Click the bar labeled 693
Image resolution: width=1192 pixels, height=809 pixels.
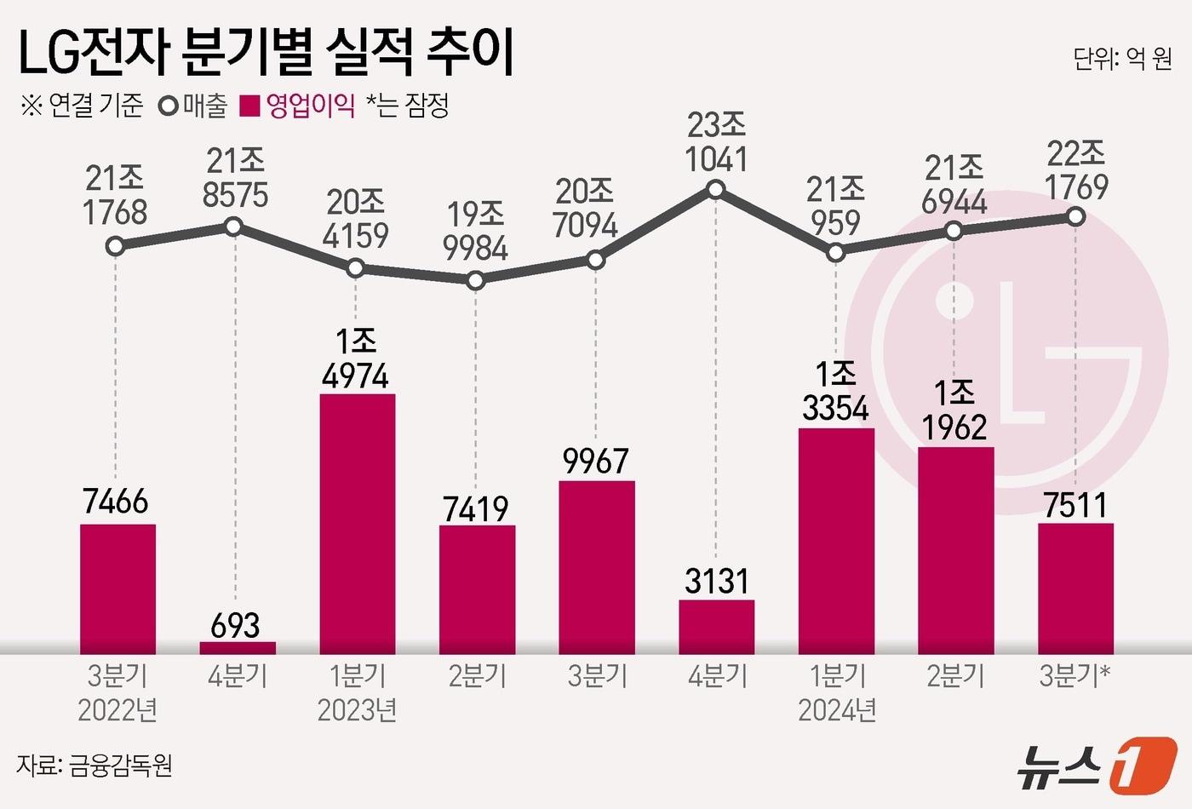coord(238,647)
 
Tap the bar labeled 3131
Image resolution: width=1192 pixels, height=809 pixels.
coord(717,626)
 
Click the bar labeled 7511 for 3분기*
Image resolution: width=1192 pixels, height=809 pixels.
coord(1075,588)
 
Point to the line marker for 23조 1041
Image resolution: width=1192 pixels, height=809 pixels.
coord(716,189)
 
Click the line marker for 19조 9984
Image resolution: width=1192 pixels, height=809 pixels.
coord(476,279)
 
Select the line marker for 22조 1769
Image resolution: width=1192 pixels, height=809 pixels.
coord(1075,217)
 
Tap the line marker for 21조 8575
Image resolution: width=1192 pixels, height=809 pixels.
coord(233,227)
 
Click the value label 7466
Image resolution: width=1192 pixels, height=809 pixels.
coord(116,502)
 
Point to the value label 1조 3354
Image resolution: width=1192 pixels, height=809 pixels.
coord(835,392)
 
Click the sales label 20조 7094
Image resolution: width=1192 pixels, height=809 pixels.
coord(585,209)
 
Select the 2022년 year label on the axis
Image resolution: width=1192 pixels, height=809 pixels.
coord(117,710)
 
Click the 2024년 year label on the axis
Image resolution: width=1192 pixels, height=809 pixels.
coord(837,710)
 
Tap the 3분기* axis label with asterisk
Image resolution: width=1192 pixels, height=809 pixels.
coord(1075,676)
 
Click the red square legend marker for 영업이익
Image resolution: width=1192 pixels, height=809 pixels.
coord(249,106)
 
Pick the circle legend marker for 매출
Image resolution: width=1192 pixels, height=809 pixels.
coord(169,106)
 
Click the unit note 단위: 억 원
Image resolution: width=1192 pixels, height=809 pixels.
coord(1122,58)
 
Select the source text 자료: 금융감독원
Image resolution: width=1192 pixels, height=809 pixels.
coord(95,765)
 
